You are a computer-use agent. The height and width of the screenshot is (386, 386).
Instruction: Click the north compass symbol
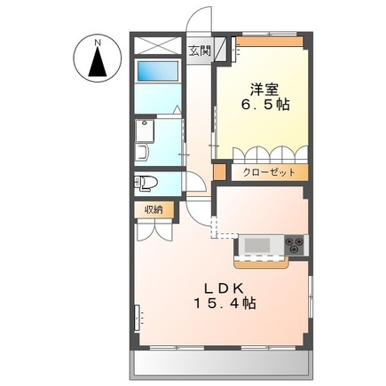point(97,59)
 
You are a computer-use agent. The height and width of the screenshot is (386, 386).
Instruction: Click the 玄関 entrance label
point(199,51)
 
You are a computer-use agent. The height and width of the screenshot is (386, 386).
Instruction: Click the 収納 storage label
point(153,209)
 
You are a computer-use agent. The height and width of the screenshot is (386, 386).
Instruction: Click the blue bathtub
point(157,71)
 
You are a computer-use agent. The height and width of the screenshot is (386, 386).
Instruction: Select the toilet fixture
point(147,184)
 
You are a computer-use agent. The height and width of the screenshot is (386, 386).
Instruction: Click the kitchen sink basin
point(260,244)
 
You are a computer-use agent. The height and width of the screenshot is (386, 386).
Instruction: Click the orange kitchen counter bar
point(264,261)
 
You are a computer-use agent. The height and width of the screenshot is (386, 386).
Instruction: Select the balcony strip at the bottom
point(221,361)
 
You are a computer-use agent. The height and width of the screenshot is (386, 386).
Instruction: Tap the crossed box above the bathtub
point(157,45)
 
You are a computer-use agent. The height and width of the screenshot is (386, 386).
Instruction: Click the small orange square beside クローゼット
point(224,172)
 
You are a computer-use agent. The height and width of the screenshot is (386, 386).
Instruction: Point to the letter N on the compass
point(97,41)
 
